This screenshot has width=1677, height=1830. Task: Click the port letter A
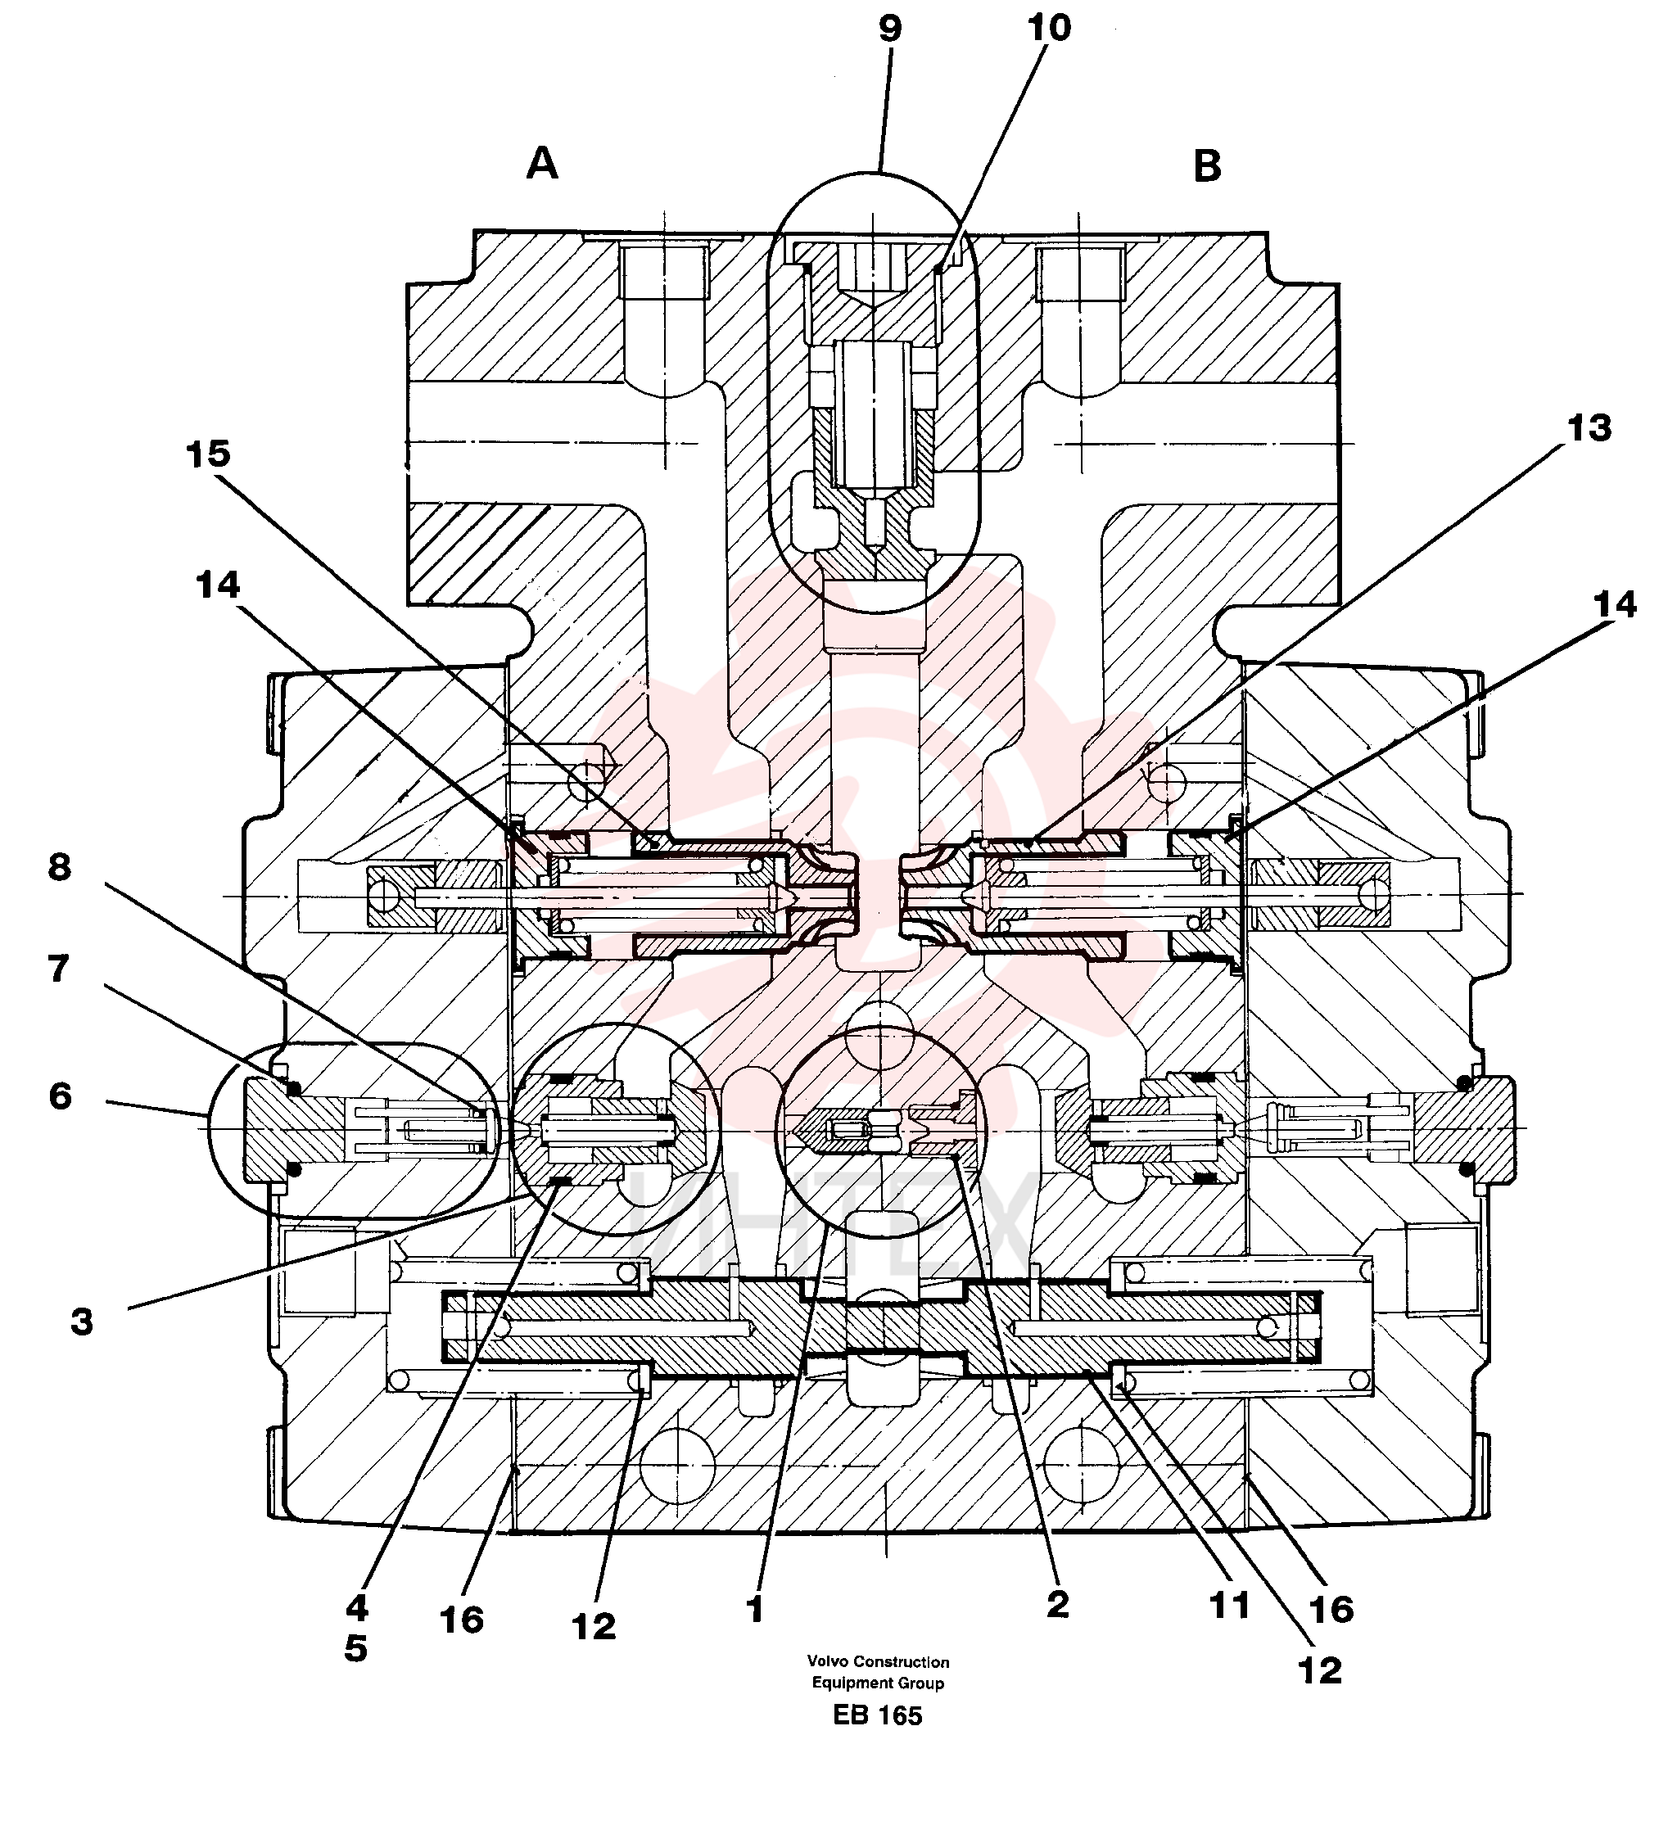[542, 165]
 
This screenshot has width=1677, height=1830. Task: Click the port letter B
[1207, 166]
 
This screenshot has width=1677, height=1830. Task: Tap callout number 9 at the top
[891, 29]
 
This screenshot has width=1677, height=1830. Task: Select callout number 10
[1050, 28]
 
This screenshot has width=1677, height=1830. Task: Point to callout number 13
[1589, 428]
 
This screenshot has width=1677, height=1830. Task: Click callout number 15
[209, 454]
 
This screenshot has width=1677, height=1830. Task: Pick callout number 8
[60, 867]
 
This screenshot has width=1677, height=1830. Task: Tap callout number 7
[59, 969]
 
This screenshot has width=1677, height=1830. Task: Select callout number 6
[60, 1096]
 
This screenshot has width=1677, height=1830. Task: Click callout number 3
[82, 1322]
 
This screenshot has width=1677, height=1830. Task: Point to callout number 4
[357, 1608]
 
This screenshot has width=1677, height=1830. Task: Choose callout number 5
[356, 1649]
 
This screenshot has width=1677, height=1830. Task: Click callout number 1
[754, 1611]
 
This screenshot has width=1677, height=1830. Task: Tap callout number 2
[1058, 1605]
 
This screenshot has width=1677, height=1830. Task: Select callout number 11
[1230, 1606]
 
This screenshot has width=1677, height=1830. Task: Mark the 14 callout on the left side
[218, 585]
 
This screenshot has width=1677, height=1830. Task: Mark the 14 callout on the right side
[1614, 604]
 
